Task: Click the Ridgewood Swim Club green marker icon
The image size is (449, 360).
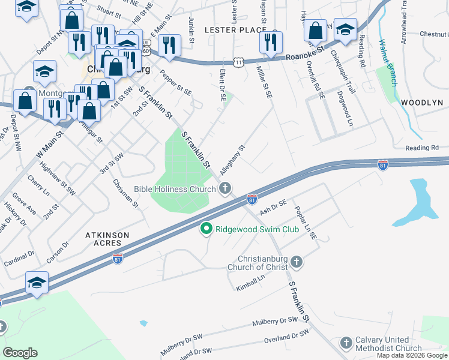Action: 206,229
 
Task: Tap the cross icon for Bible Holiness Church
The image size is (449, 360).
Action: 224,190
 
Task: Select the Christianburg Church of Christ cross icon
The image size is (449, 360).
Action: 297,262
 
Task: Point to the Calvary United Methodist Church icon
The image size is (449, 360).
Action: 346,343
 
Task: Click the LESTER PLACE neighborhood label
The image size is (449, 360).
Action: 235,29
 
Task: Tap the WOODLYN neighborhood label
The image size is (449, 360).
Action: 421,103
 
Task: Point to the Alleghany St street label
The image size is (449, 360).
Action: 233,160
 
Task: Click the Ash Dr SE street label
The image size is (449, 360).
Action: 274,208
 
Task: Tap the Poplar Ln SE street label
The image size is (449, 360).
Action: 305,223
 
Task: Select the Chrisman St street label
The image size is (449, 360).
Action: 127,193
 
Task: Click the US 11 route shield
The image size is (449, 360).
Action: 239,62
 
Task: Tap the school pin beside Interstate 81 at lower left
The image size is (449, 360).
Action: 37,283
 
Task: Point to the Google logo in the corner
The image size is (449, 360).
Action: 20,352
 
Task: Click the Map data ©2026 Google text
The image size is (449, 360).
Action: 412,355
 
